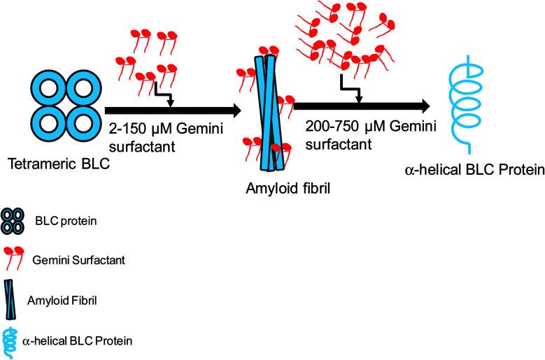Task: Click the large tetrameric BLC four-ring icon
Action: click(62, 108)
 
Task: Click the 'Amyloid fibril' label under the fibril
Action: click(278, 187)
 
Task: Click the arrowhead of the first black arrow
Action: click(234, 111)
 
